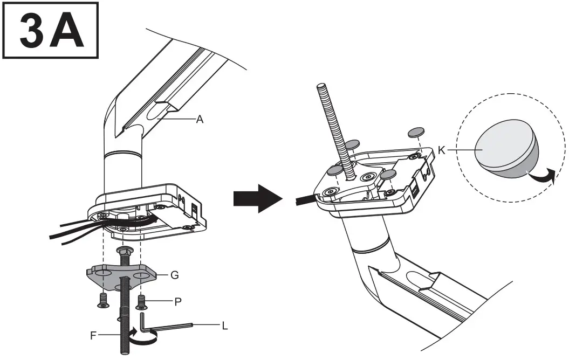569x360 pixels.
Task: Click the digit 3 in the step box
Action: [x=33, y=30]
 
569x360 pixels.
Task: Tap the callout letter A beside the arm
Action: [x=200, y=120]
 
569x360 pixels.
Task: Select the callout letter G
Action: [x=174, y=275]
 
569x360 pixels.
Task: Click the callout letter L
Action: [x=224, y=325]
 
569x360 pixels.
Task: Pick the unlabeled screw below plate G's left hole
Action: [x=102, y=301]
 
